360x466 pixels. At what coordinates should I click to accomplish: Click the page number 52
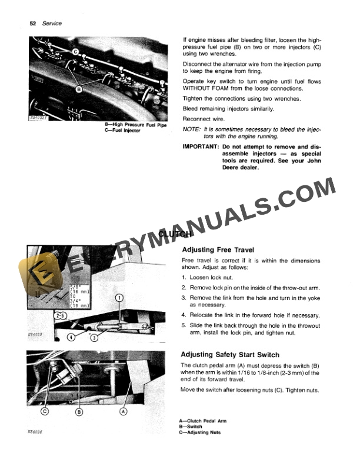[x=33, y=24]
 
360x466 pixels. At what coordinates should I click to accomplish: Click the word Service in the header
[x=51, y=24]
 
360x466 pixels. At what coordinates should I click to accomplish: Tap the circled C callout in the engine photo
[x=76, y=52]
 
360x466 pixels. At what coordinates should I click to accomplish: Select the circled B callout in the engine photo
[x=79, y=89]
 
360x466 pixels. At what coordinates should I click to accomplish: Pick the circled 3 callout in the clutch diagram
[x=94, y=338]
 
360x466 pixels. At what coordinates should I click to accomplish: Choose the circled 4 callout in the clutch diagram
[x=71, y=337]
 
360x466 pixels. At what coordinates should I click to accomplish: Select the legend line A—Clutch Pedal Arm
[x=202, y=421]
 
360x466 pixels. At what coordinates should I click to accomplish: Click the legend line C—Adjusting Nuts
[x=201, y=432]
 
